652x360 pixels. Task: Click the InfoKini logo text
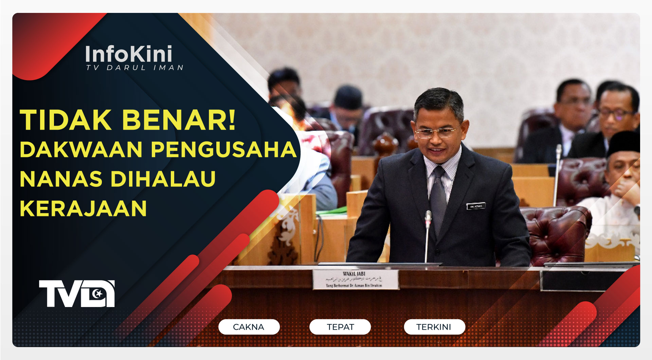tap(128, 54)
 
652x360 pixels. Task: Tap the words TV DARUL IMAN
tap(134, 68)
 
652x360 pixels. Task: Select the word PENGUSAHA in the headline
tap(224, 149)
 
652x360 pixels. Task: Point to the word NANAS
tap(61, 179)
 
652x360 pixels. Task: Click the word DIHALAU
tap(163, 179)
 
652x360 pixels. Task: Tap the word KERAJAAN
tap(83, 208)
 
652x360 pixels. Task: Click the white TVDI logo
tap(77, 294)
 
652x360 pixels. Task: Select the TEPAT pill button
tap(340, 327)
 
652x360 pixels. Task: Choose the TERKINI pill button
tap(434, 327)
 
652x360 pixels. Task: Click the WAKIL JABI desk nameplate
tap(355, 280)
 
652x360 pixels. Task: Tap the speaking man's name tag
tap(476, 206)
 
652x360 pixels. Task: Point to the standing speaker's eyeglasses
tap(436, 132)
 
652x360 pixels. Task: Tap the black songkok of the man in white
tap(624, 143)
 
